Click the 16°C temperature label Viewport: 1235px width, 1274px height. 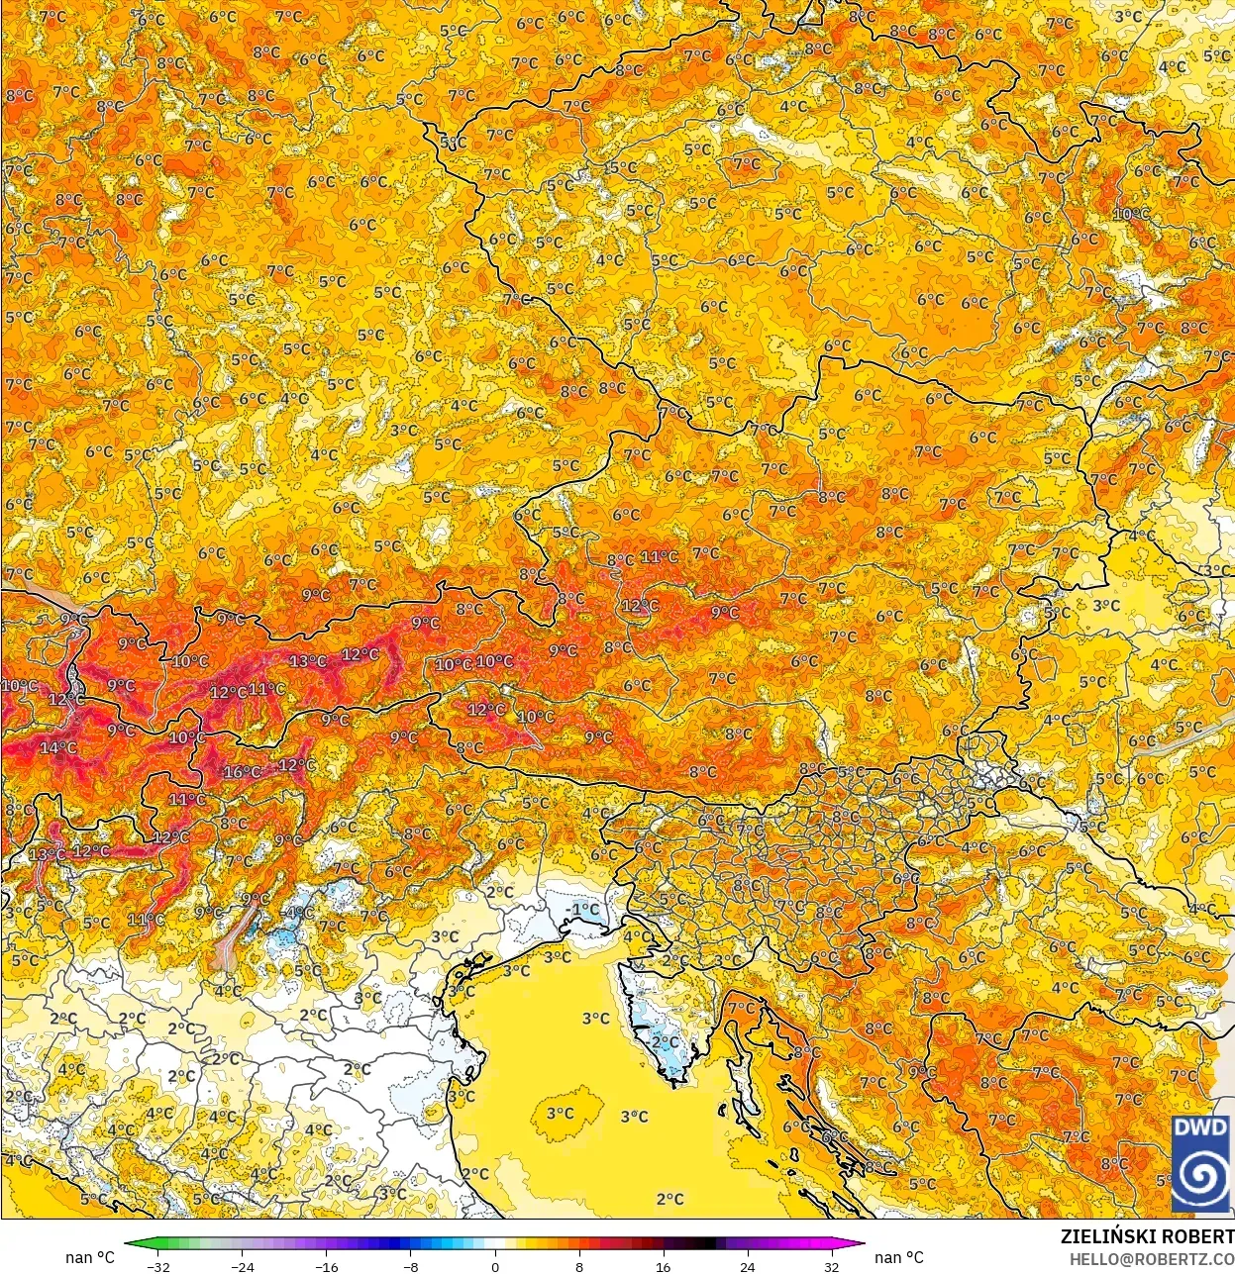[242, 772]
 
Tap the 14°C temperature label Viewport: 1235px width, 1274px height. [58, 747]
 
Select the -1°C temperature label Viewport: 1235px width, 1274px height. [583, 909]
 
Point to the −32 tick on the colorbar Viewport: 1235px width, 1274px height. [157, 1266]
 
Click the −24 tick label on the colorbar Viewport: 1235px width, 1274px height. [242, 1266]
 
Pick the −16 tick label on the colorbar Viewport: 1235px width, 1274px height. [326, 1266]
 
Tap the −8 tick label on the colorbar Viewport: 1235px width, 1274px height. [410, 1266]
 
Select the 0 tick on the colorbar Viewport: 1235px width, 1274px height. [494, 1266]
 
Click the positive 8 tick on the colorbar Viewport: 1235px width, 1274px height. [578, 1266]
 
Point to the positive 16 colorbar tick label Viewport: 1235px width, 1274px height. [663, 1266]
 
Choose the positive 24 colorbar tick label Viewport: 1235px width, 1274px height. [747, 1266]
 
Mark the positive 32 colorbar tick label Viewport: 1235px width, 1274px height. [831, 1266]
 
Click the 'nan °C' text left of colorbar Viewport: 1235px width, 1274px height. [90, 1257]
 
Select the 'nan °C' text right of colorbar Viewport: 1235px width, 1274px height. [899, 1257]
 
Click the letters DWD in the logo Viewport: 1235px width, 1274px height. [1201, 1127]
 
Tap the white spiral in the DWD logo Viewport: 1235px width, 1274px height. [1201, 1176]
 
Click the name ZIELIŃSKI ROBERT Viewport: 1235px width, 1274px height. [1147, 1236]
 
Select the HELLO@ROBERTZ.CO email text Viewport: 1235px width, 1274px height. [1151, 1258]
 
